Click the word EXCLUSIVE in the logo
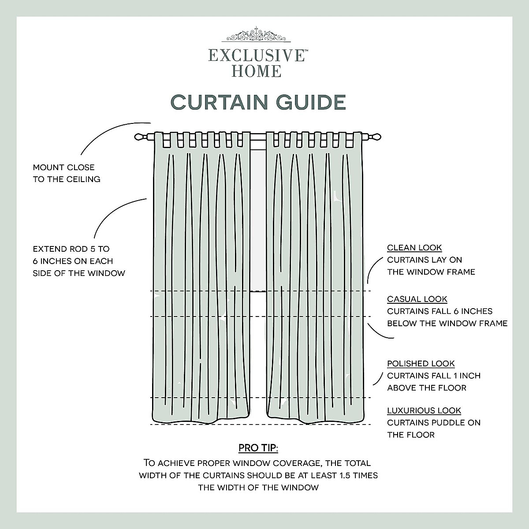point(256,56)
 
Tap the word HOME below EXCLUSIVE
point(257,71)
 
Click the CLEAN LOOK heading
point(414,248)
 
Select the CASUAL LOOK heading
point(417,299)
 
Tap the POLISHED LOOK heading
point(421,364)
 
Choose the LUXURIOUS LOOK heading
point(424,410)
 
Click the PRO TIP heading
point(258,448)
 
